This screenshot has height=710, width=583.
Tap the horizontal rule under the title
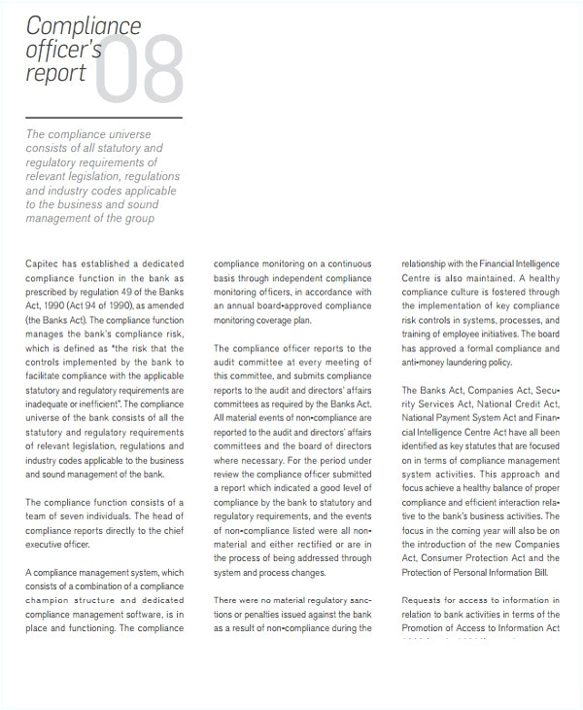pos(103,118)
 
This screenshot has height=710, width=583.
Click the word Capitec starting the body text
pos(42,264)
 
